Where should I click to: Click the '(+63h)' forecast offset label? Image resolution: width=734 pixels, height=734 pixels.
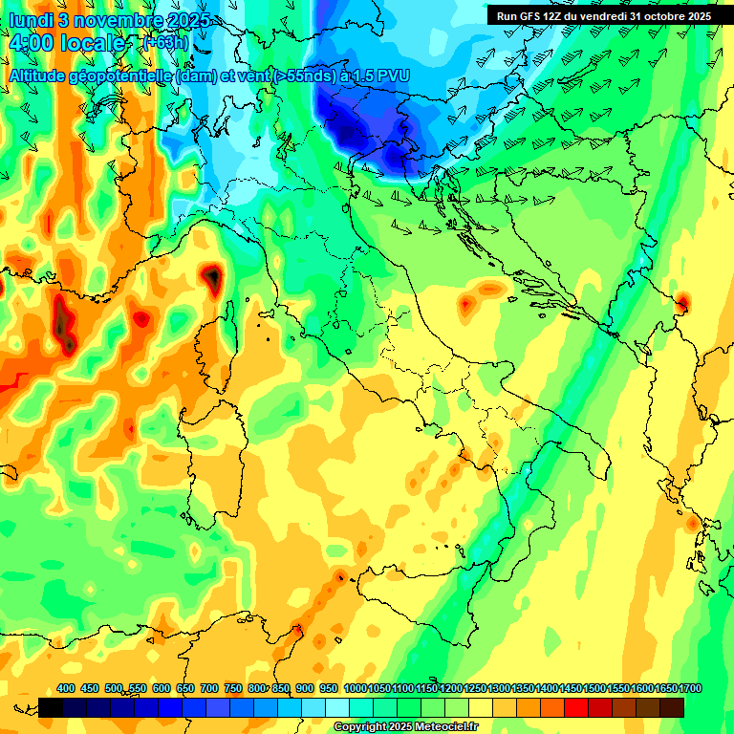[164, 43]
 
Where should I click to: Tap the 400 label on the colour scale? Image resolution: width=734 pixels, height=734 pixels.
[66, 688]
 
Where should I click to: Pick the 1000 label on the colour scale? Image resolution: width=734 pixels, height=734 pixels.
[355, 688]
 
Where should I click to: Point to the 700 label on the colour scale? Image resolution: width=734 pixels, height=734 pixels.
[208, 688]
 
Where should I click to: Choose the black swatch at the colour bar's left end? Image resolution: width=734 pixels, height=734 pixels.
[51, 707]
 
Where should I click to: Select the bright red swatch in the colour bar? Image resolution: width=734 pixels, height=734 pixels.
[576, 707]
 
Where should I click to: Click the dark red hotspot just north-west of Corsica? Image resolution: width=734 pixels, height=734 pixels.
[211, 277]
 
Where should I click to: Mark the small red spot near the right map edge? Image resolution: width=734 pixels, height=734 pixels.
[682, 303]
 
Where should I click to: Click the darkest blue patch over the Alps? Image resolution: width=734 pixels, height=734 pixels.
[397, 153]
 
